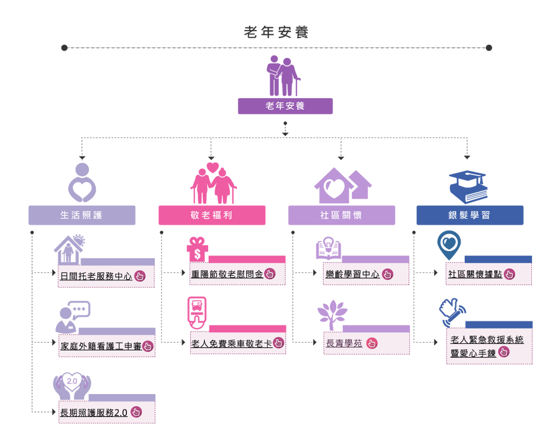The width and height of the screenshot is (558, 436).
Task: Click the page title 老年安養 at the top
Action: [x=276, y=32]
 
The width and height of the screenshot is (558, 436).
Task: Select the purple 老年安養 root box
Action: [x=285, y=106]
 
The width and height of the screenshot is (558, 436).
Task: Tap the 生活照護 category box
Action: [x=82, y=215]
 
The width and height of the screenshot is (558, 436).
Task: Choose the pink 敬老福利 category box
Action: [x=211, y=215]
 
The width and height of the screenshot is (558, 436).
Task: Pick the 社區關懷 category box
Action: [x=341, y=215]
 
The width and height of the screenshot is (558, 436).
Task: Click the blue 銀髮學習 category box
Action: [x=470, y=215]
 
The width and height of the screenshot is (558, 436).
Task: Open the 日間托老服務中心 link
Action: [x=96, y=276]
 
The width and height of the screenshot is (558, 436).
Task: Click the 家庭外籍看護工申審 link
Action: [x=101, y=346]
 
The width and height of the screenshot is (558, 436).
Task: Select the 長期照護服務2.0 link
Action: [x=94, y=413]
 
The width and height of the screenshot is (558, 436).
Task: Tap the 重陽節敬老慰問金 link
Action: [x=227, y=275]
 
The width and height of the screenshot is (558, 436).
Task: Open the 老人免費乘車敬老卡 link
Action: [x=232, y=344]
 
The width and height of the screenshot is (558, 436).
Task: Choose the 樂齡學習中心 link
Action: [x=353, y=275]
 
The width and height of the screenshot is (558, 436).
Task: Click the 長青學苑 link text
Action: [x=344, y=344]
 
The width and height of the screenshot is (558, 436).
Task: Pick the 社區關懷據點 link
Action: [x=475, y=275]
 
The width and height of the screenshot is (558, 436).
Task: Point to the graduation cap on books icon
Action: [x=468, y=187]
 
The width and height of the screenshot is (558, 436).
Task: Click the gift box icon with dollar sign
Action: [x=197, y=250]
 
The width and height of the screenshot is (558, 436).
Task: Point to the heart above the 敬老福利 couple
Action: [x=213, y=167]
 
